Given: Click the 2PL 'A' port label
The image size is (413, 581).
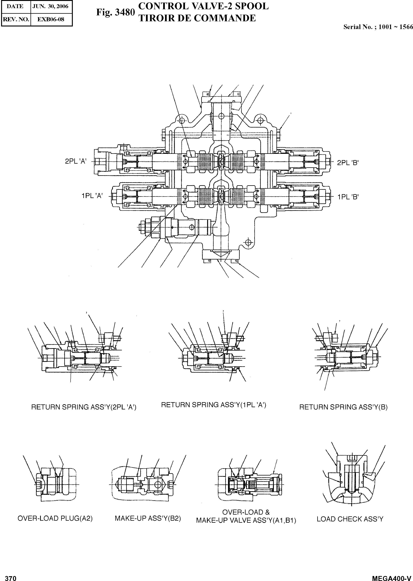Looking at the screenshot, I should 76,161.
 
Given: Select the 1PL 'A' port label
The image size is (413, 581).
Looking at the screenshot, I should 92,196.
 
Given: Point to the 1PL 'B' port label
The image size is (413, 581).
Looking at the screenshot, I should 348,197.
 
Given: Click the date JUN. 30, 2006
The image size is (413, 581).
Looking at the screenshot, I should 50,6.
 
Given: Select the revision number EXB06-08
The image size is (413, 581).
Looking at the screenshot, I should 51,19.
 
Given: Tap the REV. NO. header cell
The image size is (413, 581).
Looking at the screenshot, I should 16,19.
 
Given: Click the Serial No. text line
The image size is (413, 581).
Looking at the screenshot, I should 378,27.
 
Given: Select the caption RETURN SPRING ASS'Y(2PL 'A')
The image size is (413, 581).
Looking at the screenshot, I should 84,407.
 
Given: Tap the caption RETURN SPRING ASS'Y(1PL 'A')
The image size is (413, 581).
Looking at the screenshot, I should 214,405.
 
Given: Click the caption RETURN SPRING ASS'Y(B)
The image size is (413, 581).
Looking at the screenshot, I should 343,407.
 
